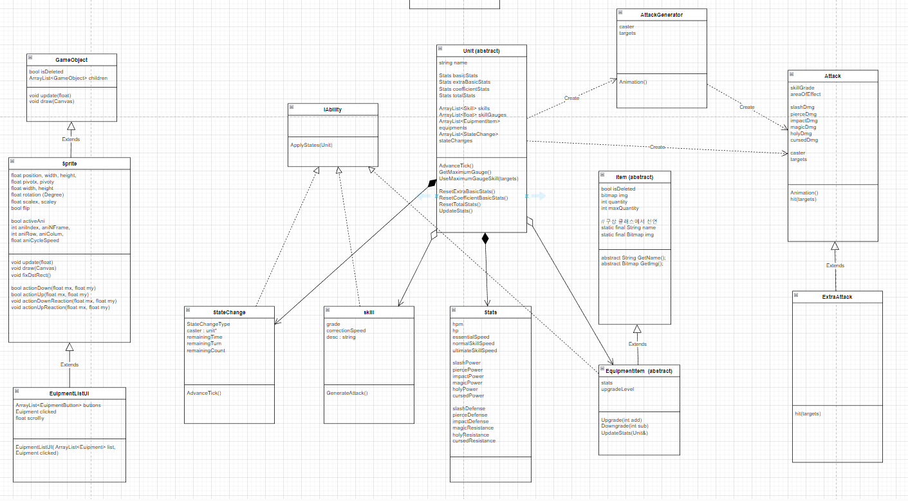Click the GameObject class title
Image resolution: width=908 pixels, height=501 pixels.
coord(71,60)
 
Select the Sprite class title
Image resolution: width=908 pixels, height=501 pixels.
coord(69,164)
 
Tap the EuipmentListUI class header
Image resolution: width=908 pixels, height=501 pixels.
coord(69,393)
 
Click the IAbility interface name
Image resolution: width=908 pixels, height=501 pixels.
coord(333,109)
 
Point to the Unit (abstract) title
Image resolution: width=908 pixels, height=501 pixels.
coord(481,51)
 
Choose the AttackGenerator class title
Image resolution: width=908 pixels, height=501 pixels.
coord(662,15)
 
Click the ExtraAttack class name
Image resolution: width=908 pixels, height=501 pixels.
coord(837,297)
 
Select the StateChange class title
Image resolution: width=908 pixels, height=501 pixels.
coord(229,312)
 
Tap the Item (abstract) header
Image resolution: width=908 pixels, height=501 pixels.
coord(635,177)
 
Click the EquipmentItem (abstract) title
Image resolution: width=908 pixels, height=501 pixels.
coord(639,371)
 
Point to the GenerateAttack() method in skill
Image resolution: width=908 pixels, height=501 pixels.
coord(347,393)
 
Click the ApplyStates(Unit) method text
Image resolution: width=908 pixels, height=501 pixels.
coord(311,145)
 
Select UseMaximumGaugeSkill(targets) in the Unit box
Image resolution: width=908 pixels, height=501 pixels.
coord(478,178)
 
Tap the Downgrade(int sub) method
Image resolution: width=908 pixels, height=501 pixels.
coord(625,426)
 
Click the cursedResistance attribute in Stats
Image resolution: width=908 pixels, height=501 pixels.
coord(473,441)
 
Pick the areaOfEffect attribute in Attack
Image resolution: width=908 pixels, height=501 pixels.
coord(805,94)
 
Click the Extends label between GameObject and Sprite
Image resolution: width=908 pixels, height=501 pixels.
coord(71,139)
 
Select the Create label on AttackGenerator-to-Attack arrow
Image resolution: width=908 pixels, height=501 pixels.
coord(746,107)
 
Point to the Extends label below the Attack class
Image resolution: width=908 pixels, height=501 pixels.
coord(835,265)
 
